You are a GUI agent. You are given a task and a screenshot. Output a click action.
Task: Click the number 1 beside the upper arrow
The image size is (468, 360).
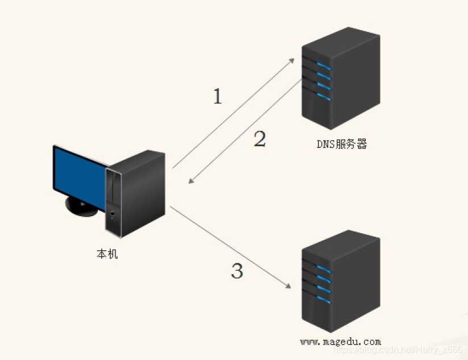(x=217, y=97)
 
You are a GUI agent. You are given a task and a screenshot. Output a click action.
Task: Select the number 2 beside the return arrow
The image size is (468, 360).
(x=259, y=139)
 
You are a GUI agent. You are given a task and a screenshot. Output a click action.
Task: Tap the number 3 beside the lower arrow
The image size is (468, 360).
(x=237, y=271)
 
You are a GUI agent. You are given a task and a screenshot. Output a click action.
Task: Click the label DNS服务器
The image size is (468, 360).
(x=342, y=144)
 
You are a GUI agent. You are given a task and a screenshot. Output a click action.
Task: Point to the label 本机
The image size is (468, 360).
(x=107, y=254)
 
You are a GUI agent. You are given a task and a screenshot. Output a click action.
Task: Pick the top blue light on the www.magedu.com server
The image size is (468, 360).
(x=324, y=267)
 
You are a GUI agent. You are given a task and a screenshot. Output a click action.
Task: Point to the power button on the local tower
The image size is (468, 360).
(x=113, y=214)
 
